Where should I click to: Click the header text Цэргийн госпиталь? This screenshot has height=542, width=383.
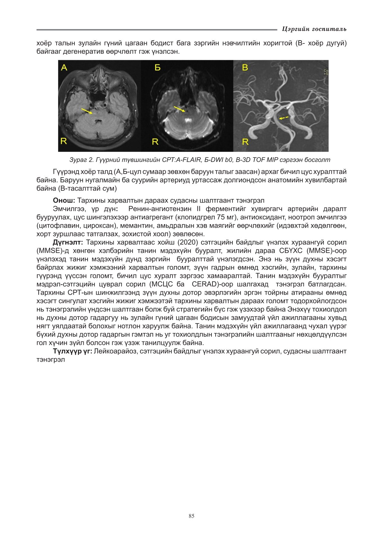pyautogui.click(x=314, y=29)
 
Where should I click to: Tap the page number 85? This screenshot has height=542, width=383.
pyautogui.click(x=191, y=516)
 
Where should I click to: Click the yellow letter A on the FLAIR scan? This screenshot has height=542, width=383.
pyautogui.click(x=64, y=67)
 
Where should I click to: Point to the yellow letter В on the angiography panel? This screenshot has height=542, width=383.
pyautogui.click(x=245, y=68)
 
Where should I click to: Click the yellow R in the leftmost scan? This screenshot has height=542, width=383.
pyautogui.click(x=64, y=141)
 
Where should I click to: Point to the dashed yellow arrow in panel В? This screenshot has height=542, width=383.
pyautogui.click(x=283, y=118)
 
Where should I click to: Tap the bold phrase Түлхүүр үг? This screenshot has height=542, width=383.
pyautogui.click(x=73, y=351)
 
